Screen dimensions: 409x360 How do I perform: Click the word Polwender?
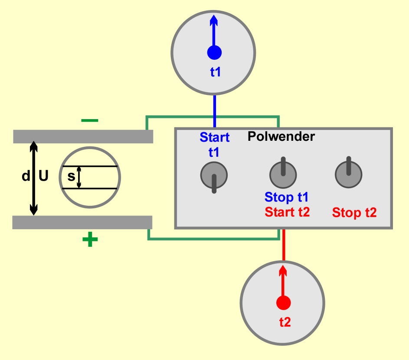pyautogui.click(x=281, y=136)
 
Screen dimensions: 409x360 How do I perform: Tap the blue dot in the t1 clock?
pyautogui.click(x=214, y=52)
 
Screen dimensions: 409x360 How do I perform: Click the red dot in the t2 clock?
pyautogui.click(x=284, y=303)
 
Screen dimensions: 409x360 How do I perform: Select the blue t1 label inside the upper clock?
pyautogui.click(x=216, y=72)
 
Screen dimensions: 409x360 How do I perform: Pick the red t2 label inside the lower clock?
pyautogui.click(x=285, y=322)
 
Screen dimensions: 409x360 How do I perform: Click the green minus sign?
pyautogui.click(x=90, y=120)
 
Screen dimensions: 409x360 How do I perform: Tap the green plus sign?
pyautogui.click(x=90, y=239)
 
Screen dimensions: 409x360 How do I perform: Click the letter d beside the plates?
pyautogui.click(x=26, y=176)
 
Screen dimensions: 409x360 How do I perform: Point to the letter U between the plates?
pyautogui.click(x=43, y=175)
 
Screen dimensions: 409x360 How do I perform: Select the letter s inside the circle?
pyautogui.click(x=71, y=177)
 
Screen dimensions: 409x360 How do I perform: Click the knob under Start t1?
pyautogui.click(x=214, y=175)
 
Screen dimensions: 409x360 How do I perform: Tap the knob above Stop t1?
pyautogui.click(x=283, y=173)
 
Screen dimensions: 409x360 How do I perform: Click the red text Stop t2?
pyautogui.click(x=354, y=213)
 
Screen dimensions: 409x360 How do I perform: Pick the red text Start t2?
pyautogui.click(x=287, y=212)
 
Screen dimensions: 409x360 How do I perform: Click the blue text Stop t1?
pyautogui.click(x=286, y=197)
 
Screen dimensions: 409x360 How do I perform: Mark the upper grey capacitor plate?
pyautogui.click(x=83, y=136)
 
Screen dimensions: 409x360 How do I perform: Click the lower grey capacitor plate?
pyautogui.click(x=82, y=223)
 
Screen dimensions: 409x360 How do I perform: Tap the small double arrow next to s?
pyautogui.click(x=79, y=177)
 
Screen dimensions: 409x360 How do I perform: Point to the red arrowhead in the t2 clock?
pyautogui.click(x=283, y=271)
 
